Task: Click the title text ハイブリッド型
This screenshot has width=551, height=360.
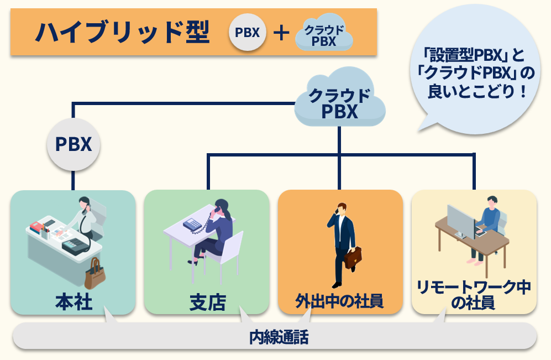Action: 123,32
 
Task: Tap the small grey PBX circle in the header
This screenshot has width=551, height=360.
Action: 248,32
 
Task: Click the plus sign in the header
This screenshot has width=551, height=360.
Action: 281,33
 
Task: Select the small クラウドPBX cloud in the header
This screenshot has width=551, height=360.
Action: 324,33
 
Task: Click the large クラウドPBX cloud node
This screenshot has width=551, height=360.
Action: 339,98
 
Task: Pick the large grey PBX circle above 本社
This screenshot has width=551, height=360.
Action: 74,144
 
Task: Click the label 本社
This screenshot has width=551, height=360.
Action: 74,302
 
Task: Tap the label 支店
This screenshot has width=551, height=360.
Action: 207,302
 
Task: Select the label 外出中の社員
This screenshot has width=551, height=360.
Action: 339,301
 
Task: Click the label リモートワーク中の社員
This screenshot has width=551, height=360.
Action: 474,295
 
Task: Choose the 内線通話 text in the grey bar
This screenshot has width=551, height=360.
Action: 279,337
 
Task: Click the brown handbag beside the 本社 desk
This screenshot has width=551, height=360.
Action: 95,274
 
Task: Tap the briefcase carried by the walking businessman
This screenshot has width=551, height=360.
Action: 353,258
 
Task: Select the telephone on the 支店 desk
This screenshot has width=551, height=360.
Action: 192,225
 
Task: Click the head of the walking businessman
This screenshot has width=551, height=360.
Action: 342,208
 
